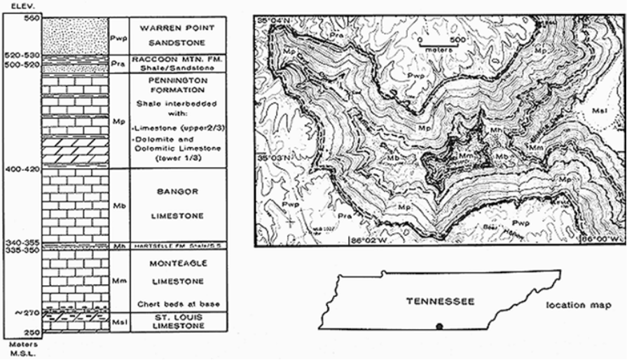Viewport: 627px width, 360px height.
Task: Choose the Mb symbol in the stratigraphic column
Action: pos(118,207)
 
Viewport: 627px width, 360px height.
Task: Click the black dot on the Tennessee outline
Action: pos(439,326)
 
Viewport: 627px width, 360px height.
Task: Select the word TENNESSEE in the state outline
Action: pos(440,301)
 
